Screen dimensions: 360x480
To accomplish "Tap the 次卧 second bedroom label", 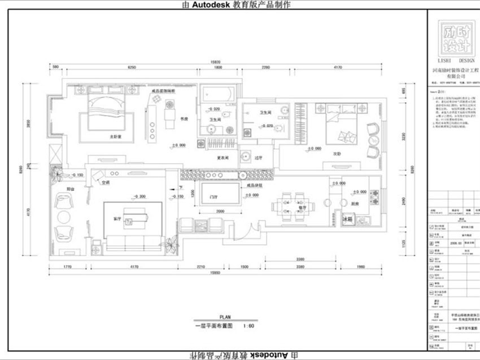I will (x=337, y=153).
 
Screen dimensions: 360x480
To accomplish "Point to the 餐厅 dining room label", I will (x=302, y=207).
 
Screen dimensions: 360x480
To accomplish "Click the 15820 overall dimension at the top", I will (x=215, y=62).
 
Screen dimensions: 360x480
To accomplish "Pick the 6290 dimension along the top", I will (x=132, y=68).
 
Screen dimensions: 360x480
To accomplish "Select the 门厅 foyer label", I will (x=213, y=197).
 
